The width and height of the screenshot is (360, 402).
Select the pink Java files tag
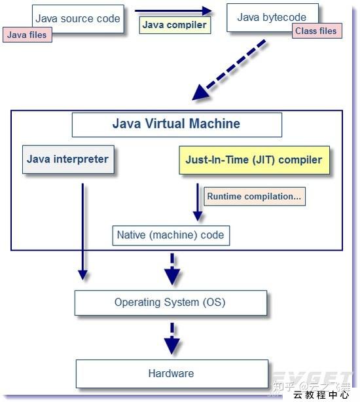point(27,34)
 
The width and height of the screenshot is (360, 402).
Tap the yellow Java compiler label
point(175,26)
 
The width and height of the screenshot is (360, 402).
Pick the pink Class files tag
point(317,31)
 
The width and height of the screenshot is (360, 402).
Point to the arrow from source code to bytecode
point(173,10)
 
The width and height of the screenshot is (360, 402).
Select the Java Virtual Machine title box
point(176,124)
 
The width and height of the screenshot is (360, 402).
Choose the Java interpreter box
point(68,159)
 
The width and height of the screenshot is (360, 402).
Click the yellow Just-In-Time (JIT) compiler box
point(254,160)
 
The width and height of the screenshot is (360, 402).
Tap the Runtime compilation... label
point(255,196)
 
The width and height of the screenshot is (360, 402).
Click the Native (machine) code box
point(170,235)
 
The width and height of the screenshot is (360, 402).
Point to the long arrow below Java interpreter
point(82,229)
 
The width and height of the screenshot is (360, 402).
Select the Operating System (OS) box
point(170,302)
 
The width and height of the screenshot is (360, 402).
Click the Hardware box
point(171,373)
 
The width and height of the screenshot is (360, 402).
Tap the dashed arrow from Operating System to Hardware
point(171,338)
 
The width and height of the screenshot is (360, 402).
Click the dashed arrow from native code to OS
point(171,269)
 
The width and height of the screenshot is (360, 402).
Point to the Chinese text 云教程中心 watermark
point(321,395)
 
